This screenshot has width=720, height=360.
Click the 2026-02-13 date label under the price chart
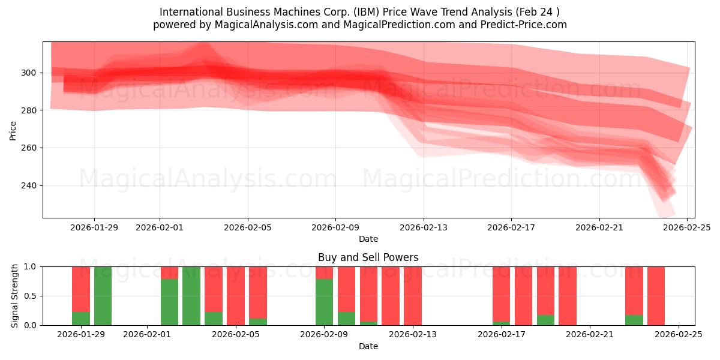pos(424,227)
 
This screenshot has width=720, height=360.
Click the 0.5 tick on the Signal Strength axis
pos(31,296)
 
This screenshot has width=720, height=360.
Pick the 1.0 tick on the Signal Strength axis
pos(31,266)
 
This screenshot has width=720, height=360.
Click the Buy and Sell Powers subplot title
pos(368,257)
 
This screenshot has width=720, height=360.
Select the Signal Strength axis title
pos(15,295)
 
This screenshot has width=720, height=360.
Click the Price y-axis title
pos(13,130)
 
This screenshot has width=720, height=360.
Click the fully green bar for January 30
pos(103,296)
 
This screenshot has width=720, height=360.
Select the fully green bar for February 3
pos(191,296)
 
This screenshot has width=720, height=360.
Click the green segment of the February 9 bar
pos(324,302)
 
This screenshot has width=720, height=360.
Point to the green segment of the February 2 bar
pos(169,302)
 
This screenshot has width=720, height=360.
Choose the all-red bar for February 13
pos(413,296)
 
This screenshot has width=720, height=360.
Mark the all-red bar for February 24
pos(656,296)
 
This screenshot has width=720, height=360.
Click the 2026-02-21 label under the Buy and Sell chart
pos(590,335)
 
